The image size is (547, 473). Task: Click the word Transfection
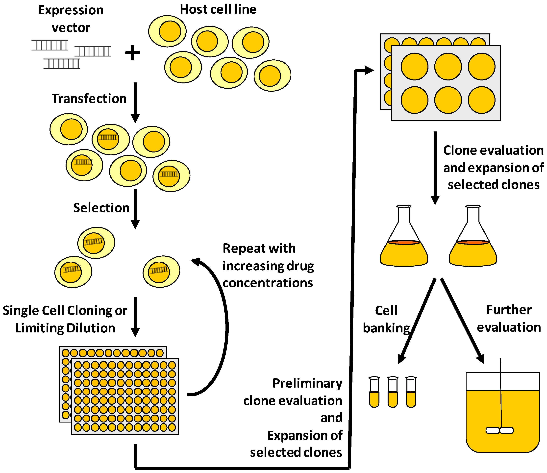(89, 99)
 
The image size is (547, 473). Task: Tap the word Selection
(101, 208)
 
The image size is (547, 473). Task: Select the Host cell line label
(218, 9)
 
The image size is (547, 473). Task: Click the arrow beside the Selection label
(135, 209)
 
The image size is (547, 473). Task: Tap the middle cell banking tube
(393, 392)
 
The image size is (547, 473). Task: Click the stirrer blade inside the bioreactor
(500, 430)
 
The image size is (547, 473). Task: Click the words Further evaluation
(509, 319)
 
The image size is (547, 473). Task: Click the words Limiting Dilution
(65, 328)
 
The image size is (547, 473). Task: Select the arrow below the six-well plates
(435, 168)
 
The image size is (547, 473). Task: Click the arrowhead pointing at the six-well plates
(369, 70)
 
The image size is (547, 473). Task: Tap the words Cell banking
(386, 319)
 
